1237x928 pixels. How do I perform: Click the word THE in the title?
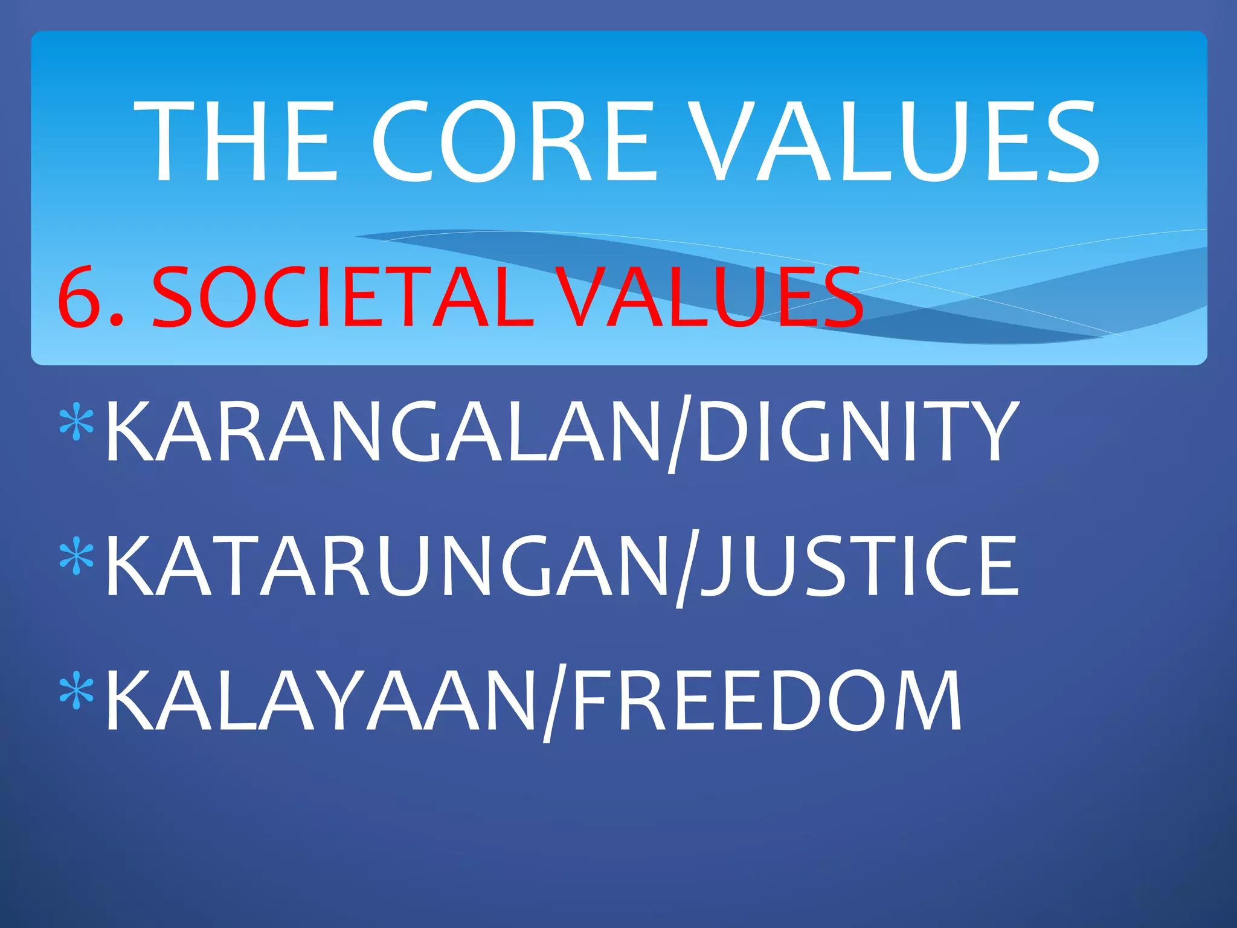pyautogui.click(x=236, y=140)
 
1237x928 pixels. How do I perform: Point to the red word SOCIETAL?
pyautogui.click(x=341, y=297)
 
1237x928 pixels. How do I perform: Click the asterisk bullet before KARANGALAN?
pyautogui.click(x=77, y=424)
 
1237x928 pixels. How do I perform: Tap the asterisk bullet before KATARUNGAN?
pyautogui.click(x=77, y=558)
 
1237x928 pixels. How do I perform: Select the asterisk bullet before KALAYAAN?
pyautogui.click(x=77, y=692)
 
